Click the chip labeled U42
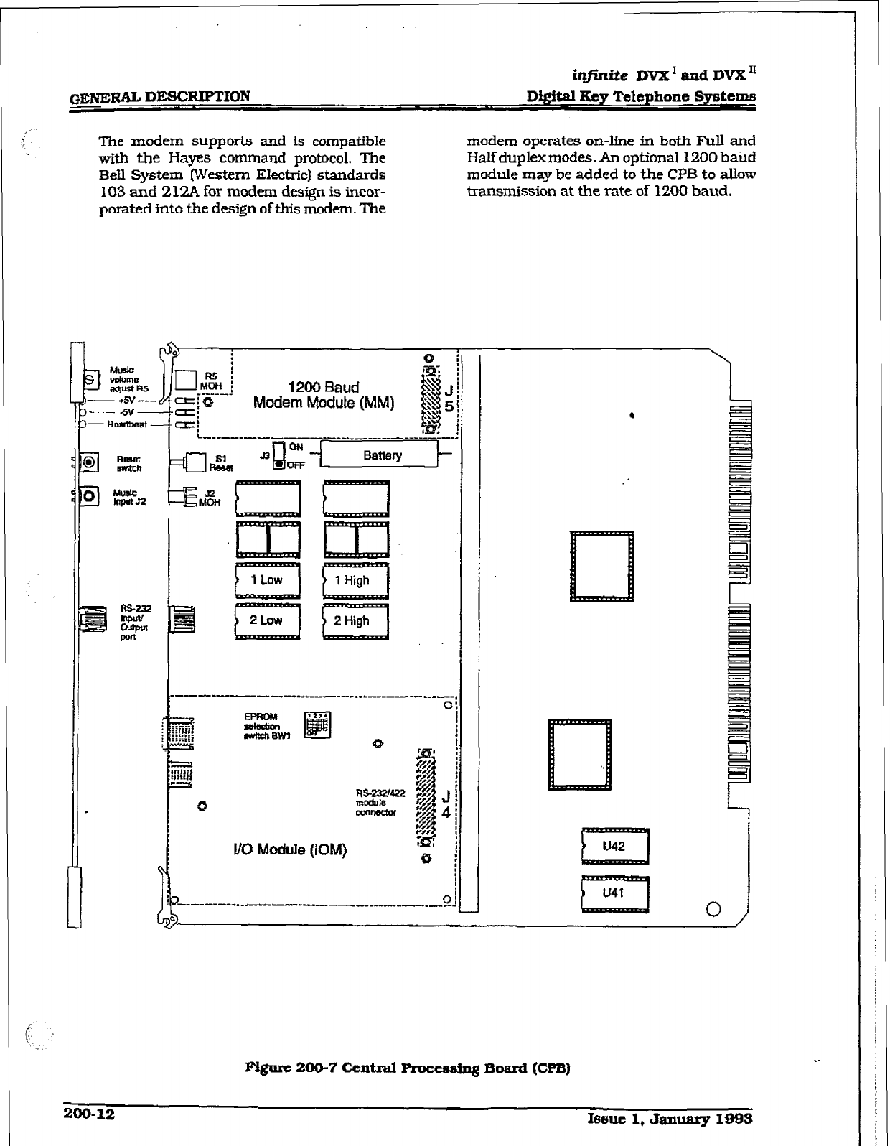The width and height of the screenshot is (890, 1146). coord(615,847)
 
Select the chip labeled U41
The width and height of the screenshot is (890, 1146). coord(615,894)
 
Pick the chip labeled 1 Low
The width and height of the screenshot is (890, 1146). coord(268,580)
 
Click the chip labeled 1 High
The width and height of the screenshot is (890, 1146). coord(355,581)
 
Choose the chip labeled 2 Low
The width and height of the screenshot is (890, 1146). coord(268,620)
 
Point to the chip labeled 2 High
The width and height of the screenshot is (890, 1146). coord(355,621)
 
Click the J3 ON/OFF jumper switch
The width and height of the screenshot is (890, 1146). coord(279,455)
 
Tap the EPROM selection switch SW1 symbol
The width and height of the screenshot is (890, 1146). coord(317,725)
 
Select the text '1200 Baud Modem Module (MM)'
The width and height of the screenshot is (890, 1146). coord(324,395)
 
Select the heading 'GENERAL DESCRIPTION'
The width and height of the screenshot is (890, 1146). coord(156,96)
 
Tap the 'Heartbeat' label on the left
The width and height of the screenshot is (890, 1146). coord(126,424)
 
